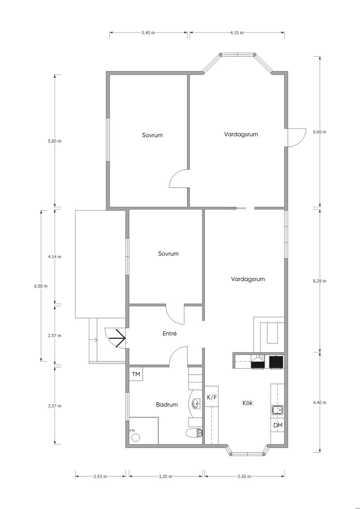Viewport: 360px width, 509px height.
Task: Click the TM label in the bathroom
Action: pos(136,374)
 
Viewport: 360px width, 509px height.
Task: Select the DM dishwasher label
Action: pos(278,425)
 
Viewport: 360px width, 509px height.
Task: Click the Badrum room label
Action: pos(167,404)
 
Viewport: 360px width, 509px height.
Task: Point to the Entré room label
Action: pos(170,333)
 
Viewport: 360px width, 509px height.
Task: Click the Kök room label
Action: pos(247,403)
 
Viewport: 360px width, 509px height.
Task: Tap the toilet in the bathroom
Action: pos(194,433)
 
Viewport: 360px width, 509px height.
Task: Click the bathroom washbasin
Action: pos(196,404)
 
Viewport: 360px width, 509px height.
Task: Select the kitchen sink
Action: pos(277,410)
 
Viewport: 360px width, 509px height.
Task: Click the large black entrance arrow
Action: pos(117,338)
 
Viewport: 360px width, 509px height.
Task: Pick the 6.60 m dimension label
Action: pos(320,132)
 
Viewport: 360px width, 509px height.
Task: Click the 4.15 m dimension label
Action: pos(237,33)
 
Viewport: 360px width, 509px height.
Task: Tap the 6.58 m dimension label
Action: pos(41,286)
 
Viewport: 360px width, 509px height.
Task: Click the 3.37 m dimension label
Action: pos(54,406)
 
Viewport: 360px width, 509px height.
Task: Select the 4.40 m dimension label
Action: pos(320,403)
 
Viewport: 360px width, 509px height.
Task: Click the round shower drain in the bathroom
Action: pos(136,437)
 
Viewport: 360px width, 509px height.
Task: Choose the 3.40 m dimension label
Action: pos(148,33)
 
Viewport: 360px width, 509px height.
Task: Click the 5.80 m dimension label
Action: pos(54,141)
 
